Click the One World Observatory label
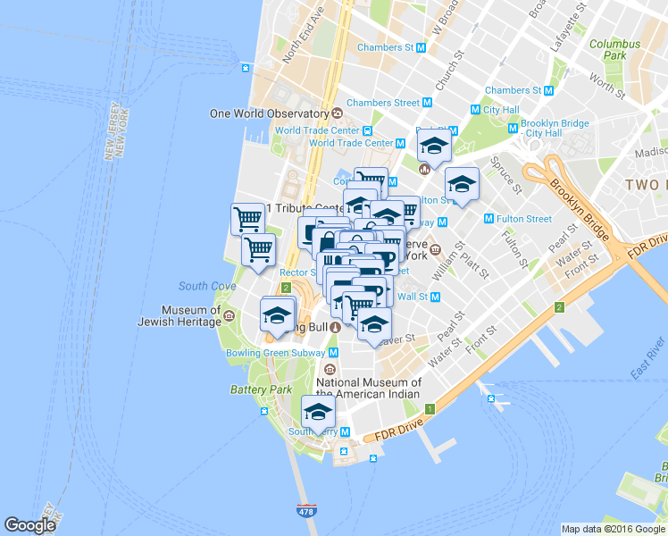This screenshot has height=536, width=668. click(269, 113)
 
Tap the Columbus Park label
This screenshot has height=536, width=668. click(614, 49)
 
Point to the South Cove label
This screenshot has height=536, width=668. click(206, 286)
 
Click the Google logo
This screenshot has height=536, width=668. click(30, 525)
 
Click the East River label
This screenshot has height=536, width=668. click(647, 356)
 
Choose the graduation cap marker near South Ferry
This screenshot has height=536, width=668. click(317, 412)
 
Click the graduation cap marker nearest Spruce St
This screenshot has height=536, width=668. click(461, 185)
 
